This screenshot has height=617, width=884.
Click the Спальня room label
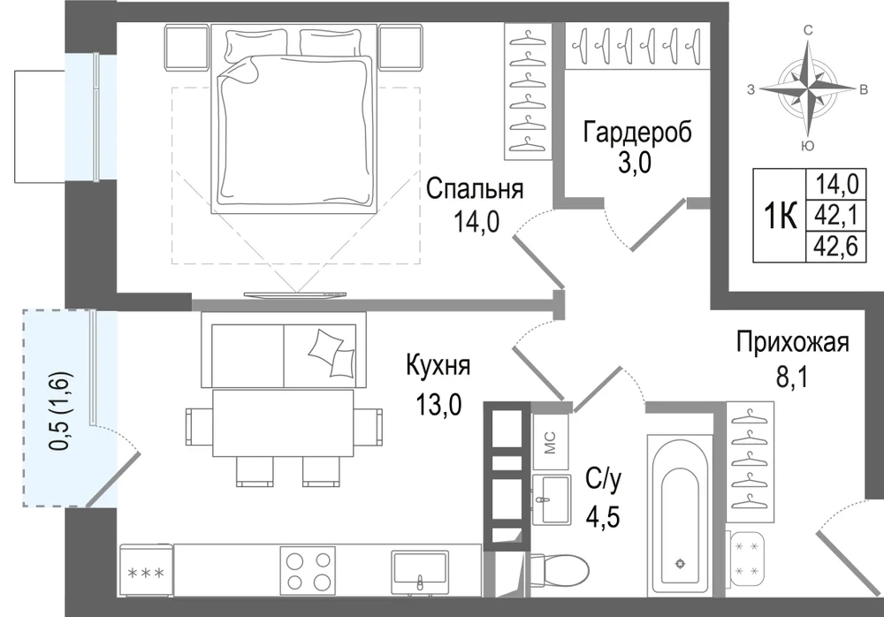point(475,189)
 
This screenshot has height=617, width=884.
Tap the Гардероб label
point(637,133)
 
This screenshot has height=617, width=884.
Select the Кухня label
point(438,366)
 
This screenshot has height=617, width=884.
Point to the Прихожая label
point(792,342)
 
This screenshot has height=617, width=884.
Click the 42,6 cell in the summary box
point(836,246)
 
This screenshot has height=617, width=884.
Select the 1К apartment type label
point(781,216)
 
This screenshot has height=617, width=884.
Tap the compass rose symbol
point(808,88)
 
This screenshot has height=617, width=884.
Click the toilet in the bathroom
point(557,573)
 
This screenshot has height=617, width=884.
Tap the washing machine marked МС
point(550,442)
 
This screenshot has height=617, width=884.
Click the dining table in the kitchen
point(284,423)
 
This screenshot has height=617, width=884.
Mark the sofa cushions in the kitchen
point(331,353)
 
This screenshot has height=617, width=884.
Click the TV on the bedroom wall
point(295,293)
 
